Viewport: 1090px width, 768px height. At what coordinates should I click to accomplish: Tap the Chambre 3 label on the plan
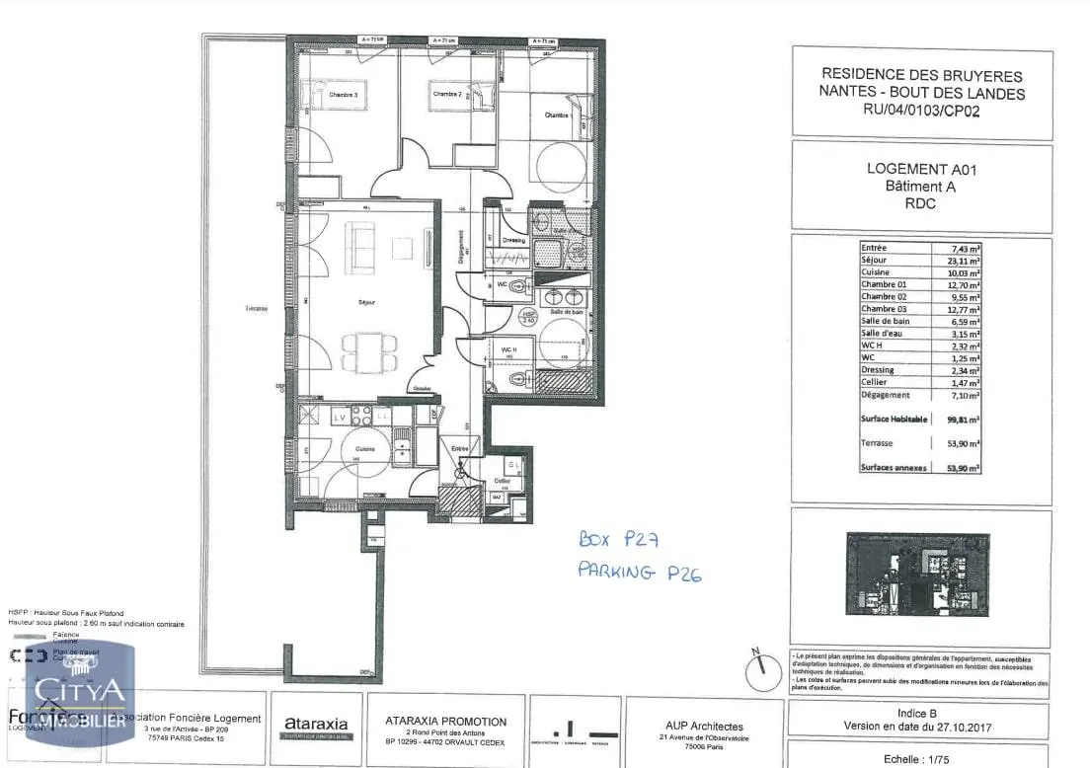pos(343,95)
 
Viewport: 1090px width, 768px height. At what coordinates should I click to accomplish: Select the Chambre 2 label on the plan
pos(447,95)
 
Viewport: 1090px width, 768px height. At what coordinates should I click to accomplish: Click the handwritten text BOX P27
pos(618,540)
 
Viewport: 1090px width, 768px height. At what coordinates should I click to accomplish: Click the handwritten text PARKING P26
pos(639,573)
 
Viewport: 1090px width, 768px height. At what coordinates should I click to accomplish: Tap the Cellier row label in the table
pos(874,382)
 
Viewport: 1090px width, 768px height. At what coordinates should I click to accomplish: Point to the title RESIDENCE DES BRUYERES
pos(921,76)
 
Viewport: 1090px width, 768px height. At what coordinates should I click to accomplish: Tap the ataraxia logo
pos(316,726)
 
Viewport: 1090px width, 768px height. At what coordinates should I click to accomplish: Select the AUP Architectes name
pos(705,727)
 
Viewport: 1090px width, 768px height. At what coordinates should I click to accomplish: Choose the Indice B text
pos(918,713)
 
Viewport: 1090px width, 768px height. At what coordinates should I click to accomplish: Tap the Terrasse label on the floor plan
pos(257,309)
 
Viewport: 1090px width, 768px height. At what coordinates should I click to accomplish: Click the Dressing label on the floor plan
pos(514,240)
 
